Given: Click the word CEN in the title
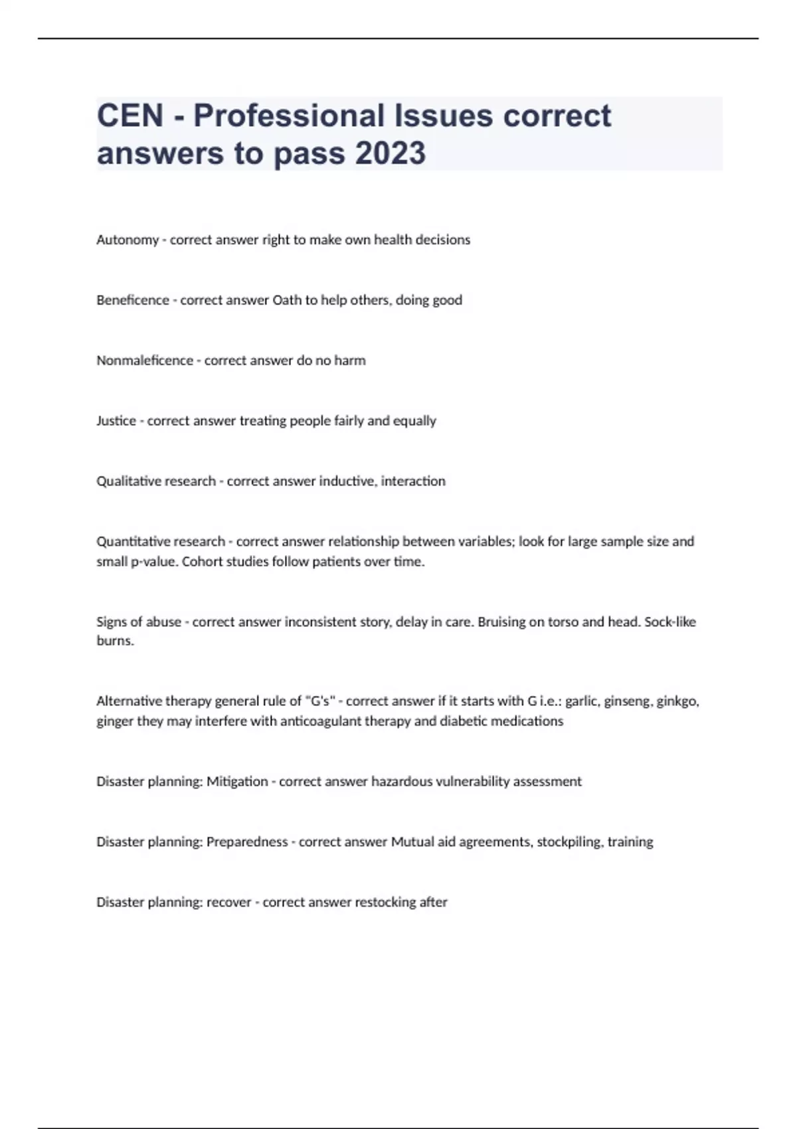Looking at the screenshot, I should pyautogui.click(x=130, y=116).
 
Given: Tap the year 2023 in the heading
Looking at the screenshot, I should pyautogui.click(x=390, y=153).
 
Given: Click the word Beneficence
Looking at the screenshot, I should pyautogui.click(x=133, y=300).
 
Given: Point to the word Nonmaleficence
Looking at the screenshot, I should pyautogui.click(x=145, y=361).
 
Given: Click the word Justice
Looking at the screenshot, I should pyautogui.click(x=116, y=421).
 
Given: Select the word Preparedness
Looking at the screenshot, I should pyautogui.click(x=247, y=842).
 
